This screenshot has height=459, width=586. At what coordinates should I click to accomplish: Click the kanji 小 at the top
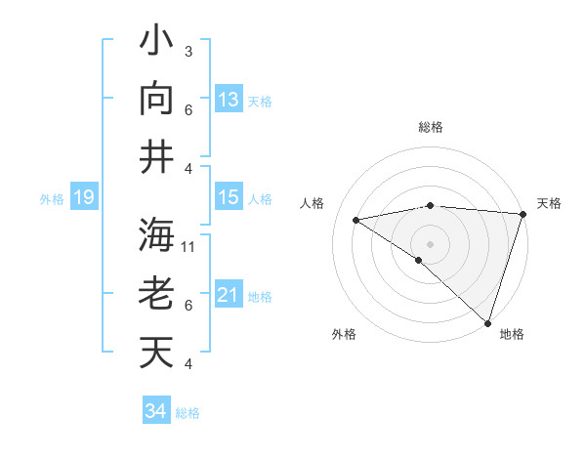click(x=156, y=43)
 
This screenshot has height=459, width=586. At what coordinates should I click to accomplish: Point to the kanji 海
click(x=156, y=237)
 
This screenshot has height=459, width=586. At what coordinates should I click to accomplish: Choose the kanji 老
click(x=156, y=294)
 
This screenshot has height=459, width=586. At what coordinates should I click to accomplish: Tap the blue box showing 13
click(x=229, y=99)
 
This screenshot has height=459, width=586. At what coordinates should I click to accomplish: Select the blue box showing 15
click(x=229, y=197)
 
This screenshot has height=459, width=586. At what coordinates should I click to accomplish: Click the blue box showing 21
click(x=229, y=295)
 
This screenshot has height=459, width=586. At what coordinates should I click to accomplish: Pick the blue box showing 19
click(x=83, y=198)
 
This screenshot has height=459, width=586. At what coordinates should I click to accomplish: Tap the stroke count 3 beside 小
click(x=188, y=51)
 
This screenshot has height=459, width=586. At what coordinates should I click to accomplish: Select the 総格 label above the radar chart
click(x=431, y=127)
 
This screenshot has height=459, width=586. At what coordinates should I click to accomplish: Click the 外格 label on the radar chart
click(x=344, y=334)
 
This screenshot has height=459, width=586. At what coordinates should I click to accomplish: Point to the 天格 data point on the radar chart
click(x=523, y=214)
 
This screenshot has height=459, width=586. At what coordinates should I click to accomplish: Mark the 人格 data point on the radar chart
click(x=356, y=220)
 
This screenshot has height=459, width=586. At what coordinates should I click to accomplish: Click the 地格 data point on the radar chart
click(x=487, y=322)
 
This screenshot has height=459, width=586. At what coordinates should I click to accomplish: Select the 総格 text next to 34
click(x=188, y=413)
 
